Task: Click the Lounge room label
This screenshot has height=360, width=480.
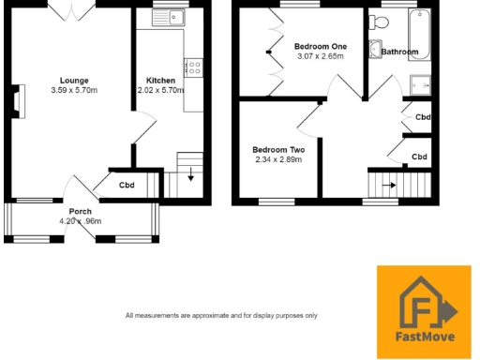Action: click(x=74, y=81)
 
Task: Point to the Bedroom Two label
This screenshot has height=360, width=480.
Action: click(x=278, y=150)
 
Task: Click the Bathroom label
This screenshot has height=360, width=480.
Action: click(x=400, y=52)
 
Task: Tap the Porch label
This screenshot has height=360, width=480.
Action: click(x=80, y=212)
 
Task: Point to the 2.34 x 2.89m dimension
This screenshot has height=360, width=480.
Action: click(x=278, y=160)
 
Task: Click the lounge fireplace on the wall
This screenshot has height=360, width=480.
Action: click(x=18, y=100)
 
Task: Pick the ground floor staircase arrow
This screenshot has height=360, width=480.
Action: click(x=191, y=175)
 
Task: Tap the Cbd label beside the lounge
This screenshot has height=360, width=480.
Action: click(x=126, y=185)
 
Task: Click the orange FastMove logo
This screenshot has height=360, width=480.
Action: click(x=424, y=306)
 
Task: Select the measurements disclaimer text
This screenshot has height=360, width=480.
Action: click(x=221, y=315)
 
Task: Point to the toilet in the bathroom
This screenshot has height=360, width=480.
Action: click(x=375, y=51)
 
